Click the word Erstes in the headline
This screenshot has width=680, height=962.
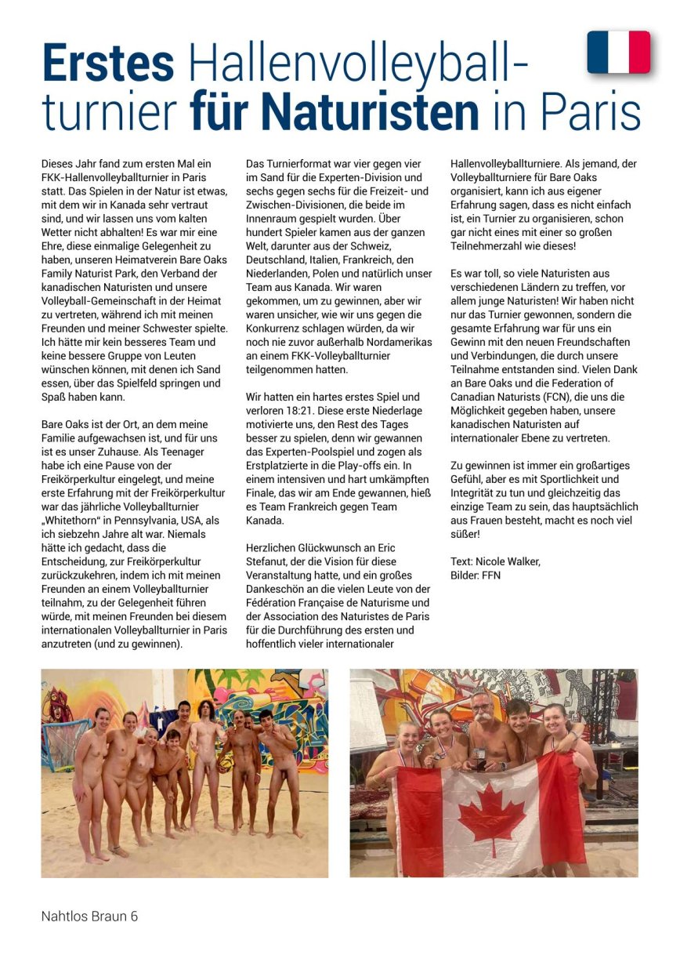108,63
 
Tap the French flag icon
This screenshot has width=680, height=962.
618,52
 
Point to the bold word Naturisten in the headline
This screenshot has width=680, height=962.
335,112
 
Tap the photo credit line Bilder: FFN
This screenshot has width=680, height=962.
476,575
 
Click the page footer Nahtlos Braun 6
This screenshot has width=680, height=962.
89,916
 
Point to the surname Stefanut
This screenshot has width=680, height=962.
269,561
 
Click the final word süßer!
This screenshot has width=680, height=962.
468,534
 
